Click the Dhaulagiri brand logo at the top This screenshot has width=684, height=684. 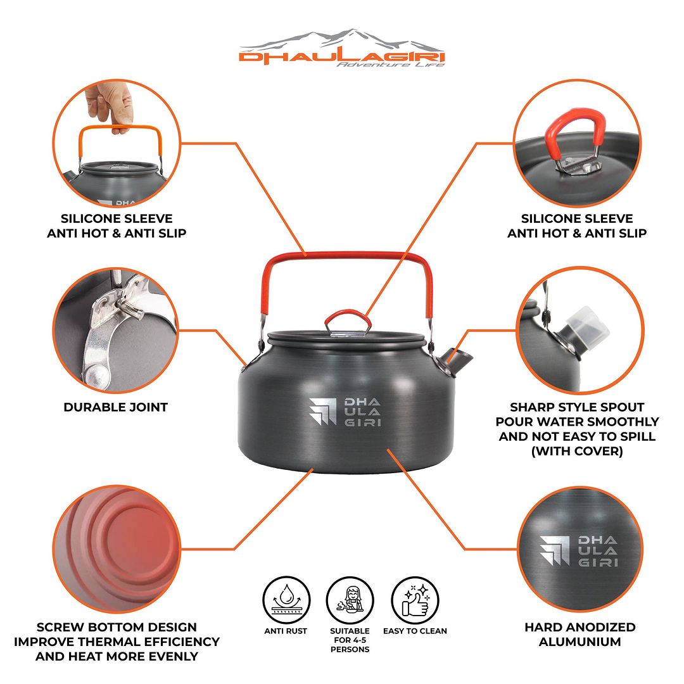coord(342,48)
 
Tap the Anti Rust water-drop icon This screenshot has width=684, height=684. coord(286,600)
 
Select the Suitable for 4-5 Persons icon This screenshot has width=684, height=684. coord(350,600)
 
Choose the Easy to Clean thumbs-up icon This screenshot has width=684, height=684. coord(415,600)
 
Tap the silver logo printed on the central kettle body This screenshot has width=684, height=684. coord(345,412)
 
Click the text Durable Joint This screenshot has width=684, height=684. coord(116,407)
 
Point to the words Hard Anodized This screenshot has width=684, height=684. coord(579,627)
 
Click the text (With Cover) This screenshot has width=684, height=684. coord(577,451)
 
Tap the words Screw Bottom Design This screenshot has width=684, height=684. coord(117,627)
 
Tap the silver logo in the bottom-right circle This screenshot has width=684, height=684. coord(578,551)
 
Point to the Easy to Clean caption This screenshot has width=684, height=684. coord(415,631)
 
